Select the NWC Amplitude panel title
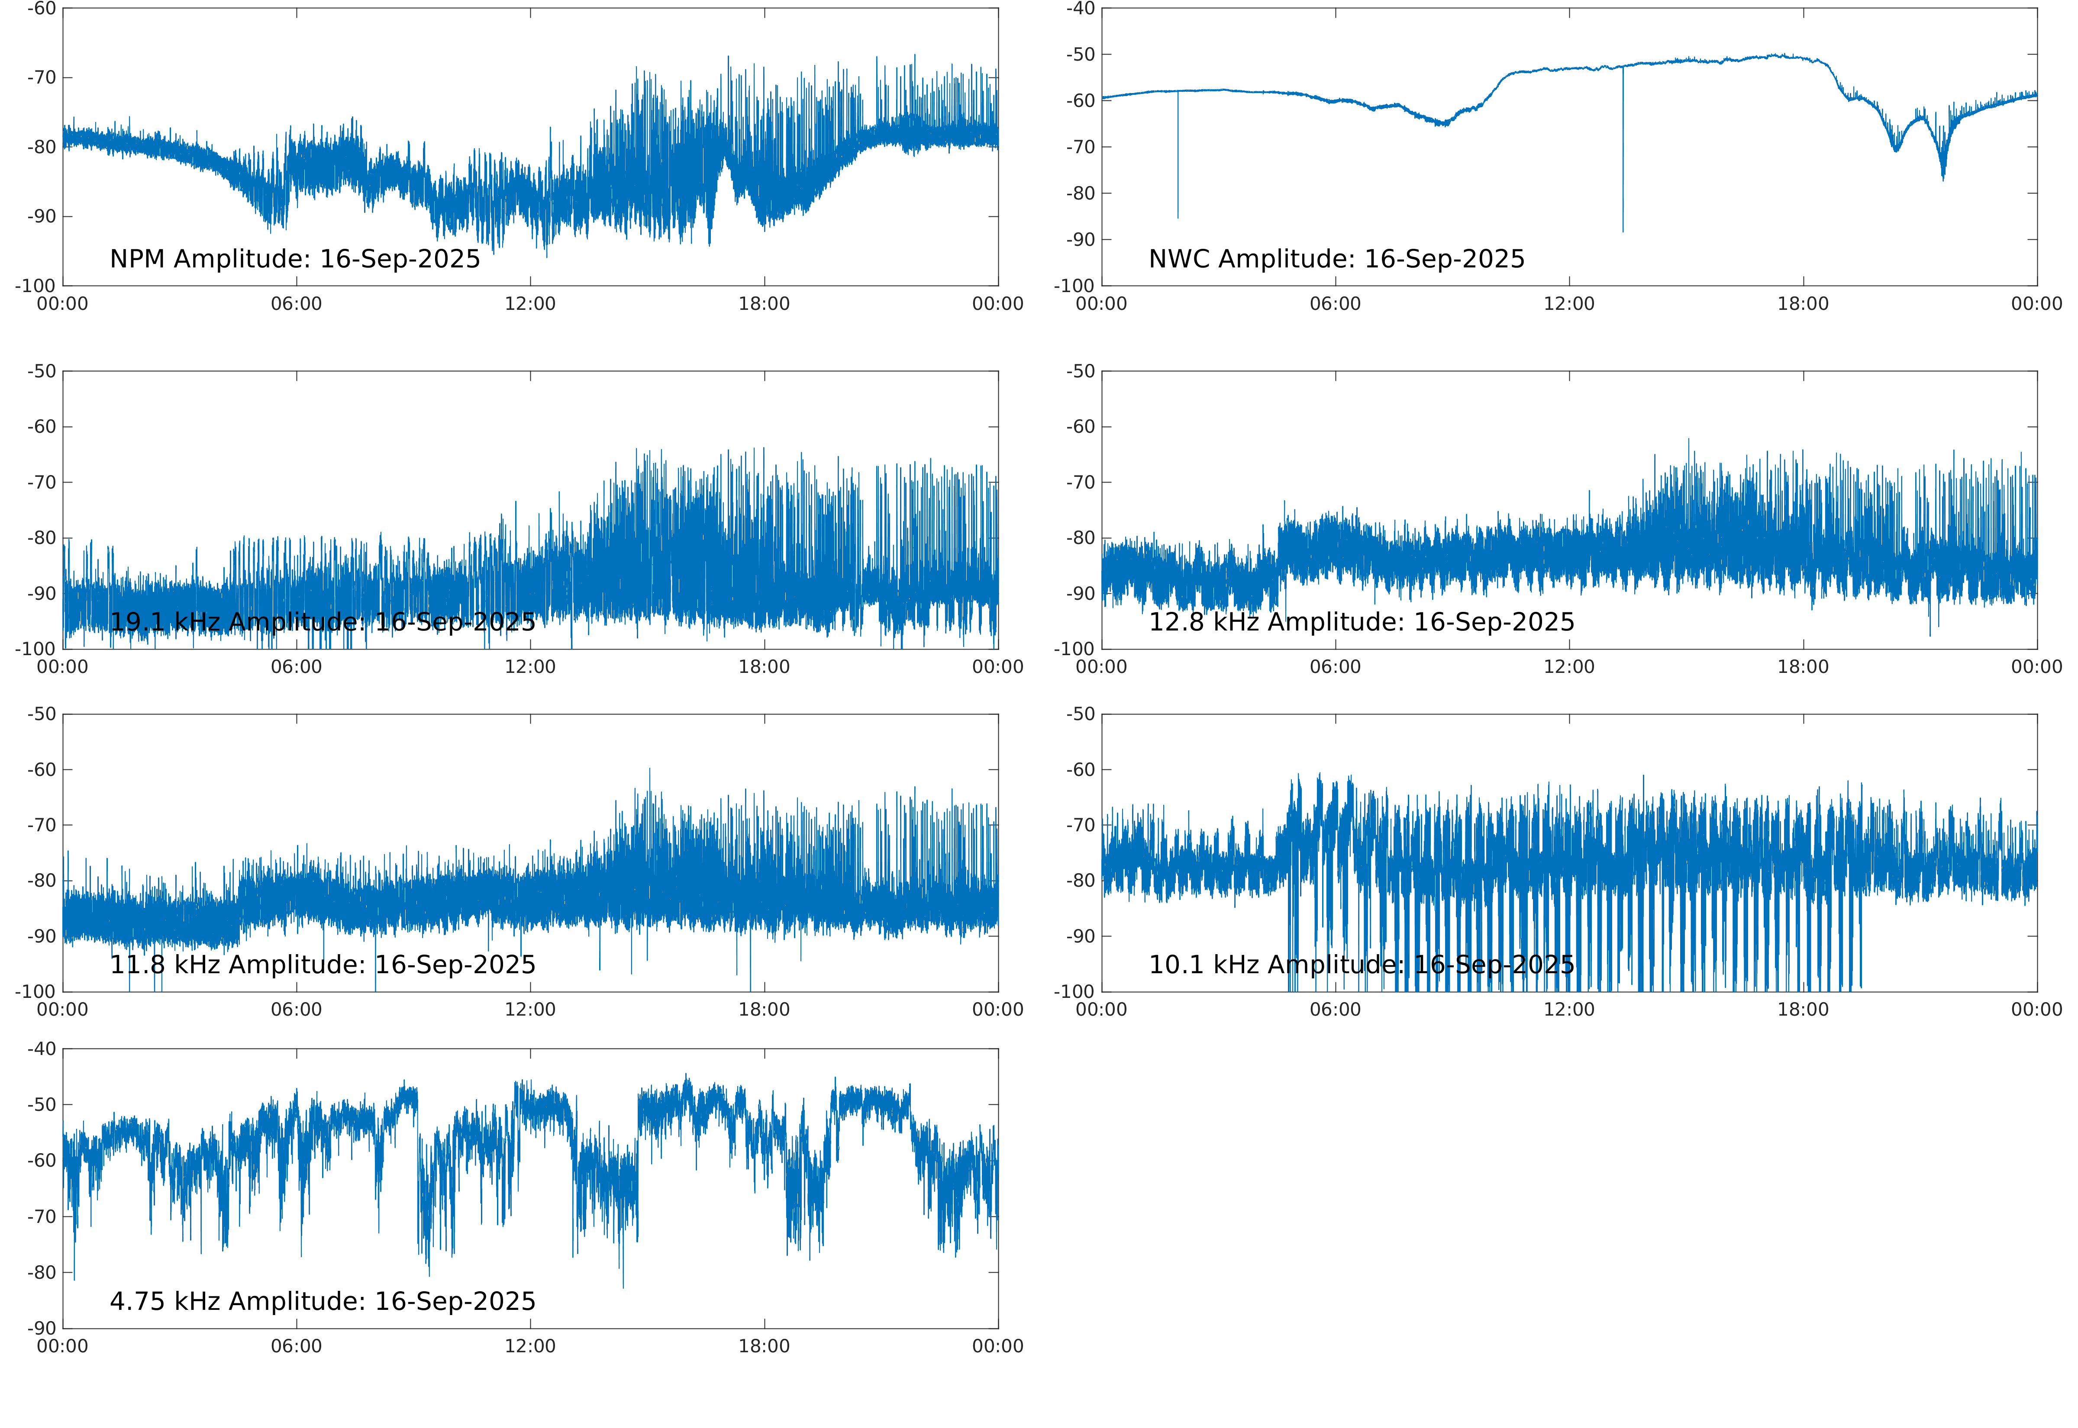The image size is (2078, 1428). click(x=1336, y=260)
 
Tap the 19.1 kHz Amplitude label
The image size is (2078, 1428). click(x=322, y=622)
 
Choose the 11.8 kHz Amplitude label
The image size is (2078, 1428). click(x=322, y=965)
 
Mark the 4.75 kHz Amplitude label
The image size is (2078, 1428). click(x=322, y=1301)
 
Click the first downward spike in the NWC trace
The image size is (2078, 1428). click(x=1178, y=215)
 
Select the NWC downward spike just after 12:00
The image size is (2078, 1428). click(x=1623, y=228)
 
